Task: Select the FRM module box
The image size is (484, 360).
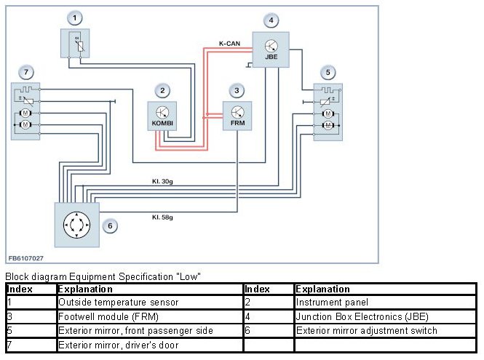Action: point(237,117)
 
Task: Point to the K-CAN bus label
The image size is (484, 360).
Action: point(230,44)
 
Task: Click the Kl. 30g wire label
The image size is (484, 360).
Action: point(163,181)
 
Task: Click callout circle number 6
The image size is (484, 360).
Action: point(110,225)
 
